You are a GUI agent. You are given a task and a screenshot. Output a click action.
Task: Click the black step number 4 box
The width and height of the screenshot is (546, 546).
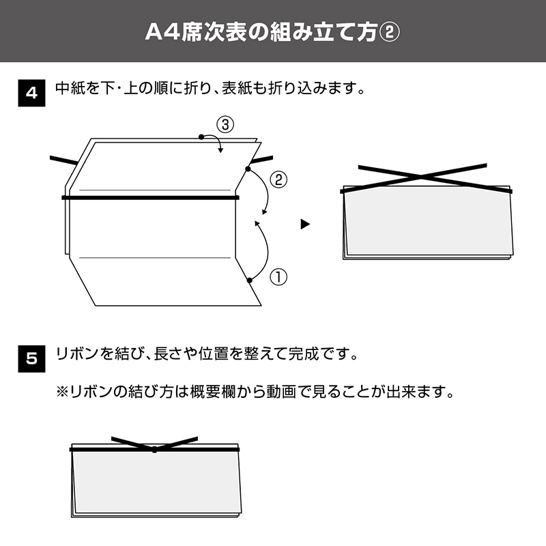coord(31,93)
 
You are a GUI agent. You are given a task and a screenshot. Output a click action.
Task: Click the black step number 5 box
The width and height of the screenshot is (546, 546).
coord(31,359)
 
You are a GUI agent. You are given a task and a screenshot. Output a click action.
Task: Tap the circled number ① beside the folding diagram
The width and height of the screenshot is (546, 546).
coord(278,277)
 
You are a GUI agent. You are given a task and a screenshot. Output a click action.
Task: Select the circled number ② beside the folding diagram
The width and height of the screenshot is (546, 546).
coord(278,180)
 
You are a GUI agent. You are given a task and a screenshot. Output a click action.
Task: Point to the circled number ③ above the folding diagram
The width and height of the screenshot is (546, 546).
coord(225,125)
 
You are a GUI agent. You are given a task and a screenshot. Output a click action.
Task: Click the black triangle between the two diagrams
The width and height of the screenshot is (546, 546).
coord(305,225)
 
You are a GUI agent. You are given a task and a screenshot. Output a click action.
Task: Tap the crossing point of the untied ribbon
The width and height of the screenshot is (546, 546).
coord(420,177)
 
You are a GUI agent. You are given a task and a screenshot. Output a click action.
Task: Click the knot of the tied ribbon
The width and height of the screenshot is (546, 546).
coord(154,450)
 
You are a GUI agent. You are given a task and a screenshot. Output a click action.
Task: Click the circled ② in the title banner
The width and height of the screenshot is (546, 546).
coord(389,32)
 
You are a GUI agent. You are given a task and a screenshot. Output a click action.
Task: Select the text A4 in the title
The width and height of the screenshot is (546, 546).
coord(162,32)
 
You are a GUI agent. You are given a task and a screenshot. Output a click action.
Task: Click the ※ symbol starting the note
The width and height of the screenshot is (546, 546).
coord(63,392)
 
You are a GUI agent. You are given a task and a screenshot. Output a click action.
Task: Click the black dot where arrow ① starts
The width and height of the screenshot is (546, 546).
coord(249,281)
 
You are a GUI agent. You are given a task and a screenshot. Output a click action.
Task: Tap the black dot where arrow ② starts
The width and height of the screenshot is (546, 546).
coord(248,169)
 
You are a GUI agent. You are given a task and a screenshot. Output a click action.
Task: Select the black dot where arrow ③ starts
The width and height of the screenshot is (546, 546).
coord(201,137)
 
